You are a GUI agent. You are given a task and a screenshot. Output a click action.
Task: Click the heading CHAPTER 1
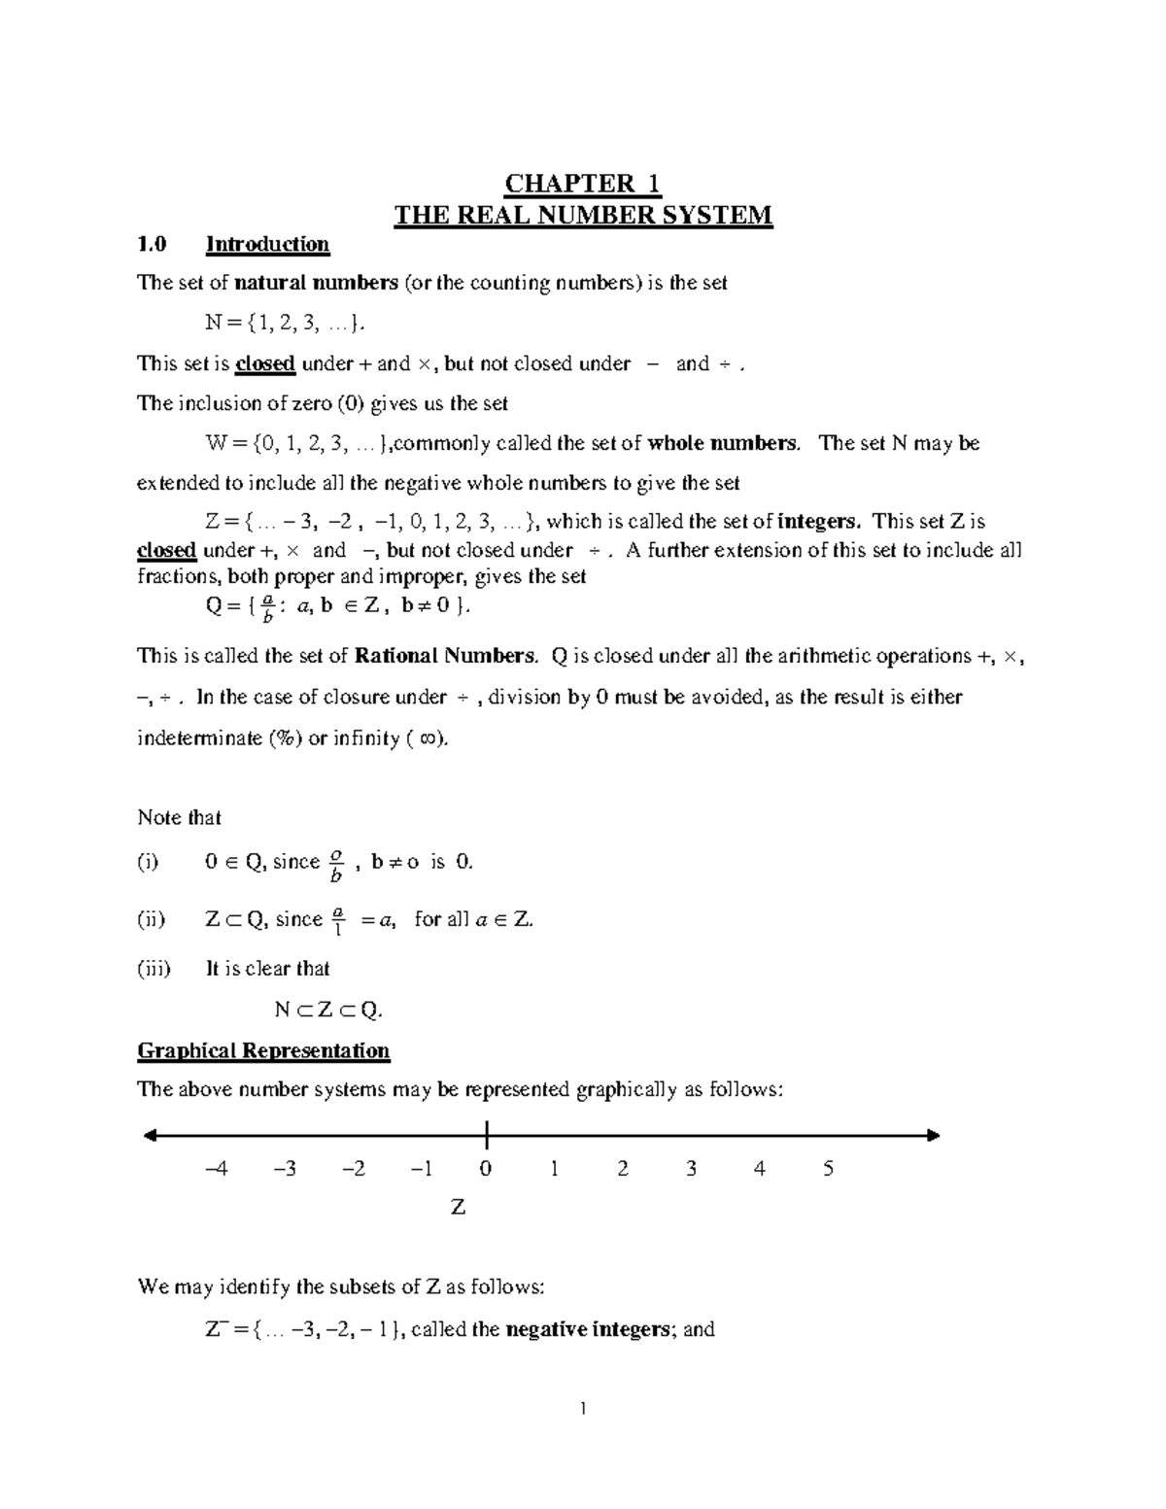click(x=582, y=184)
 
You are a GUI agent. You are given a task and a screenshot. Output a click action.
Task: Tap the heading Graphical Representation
click(x=263, y=1050)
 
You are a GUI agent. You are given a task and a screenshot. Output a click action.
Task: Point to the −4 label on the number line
click(x=217, y=1169)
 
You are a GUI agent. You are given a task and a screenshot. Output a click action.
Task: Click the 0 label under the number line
click(x=486, y=1169)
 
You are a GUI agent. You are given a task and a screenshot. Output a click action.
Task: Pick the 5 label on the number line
click(x=828, y=1169)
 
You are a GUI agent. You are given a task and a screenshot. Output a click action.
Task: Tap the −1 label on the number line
click(x=421, y=1169)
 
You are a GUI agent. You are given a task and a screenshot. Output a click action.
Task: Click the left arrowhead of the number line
click(x=150, y=1135)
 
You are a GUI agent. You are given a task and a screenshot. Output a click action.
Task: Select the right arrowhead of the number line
click(x=934, y=1135)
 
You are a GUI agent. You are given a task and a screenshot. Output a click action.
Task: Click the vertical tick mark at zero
click(x=485, y=1134)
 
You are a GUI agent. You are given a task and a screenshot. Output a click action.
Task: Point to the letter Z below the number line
click(x=459, y=1208)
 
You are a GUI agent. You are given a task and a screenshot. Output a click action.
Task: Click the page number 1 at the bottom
click(x=582, y=1409)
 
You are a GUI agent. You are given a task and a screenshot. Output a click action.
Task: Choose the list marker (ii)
click(x=152, y=919)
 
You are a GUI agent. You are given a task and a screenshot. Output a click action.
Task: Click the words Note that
click(x=180, y=817)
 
